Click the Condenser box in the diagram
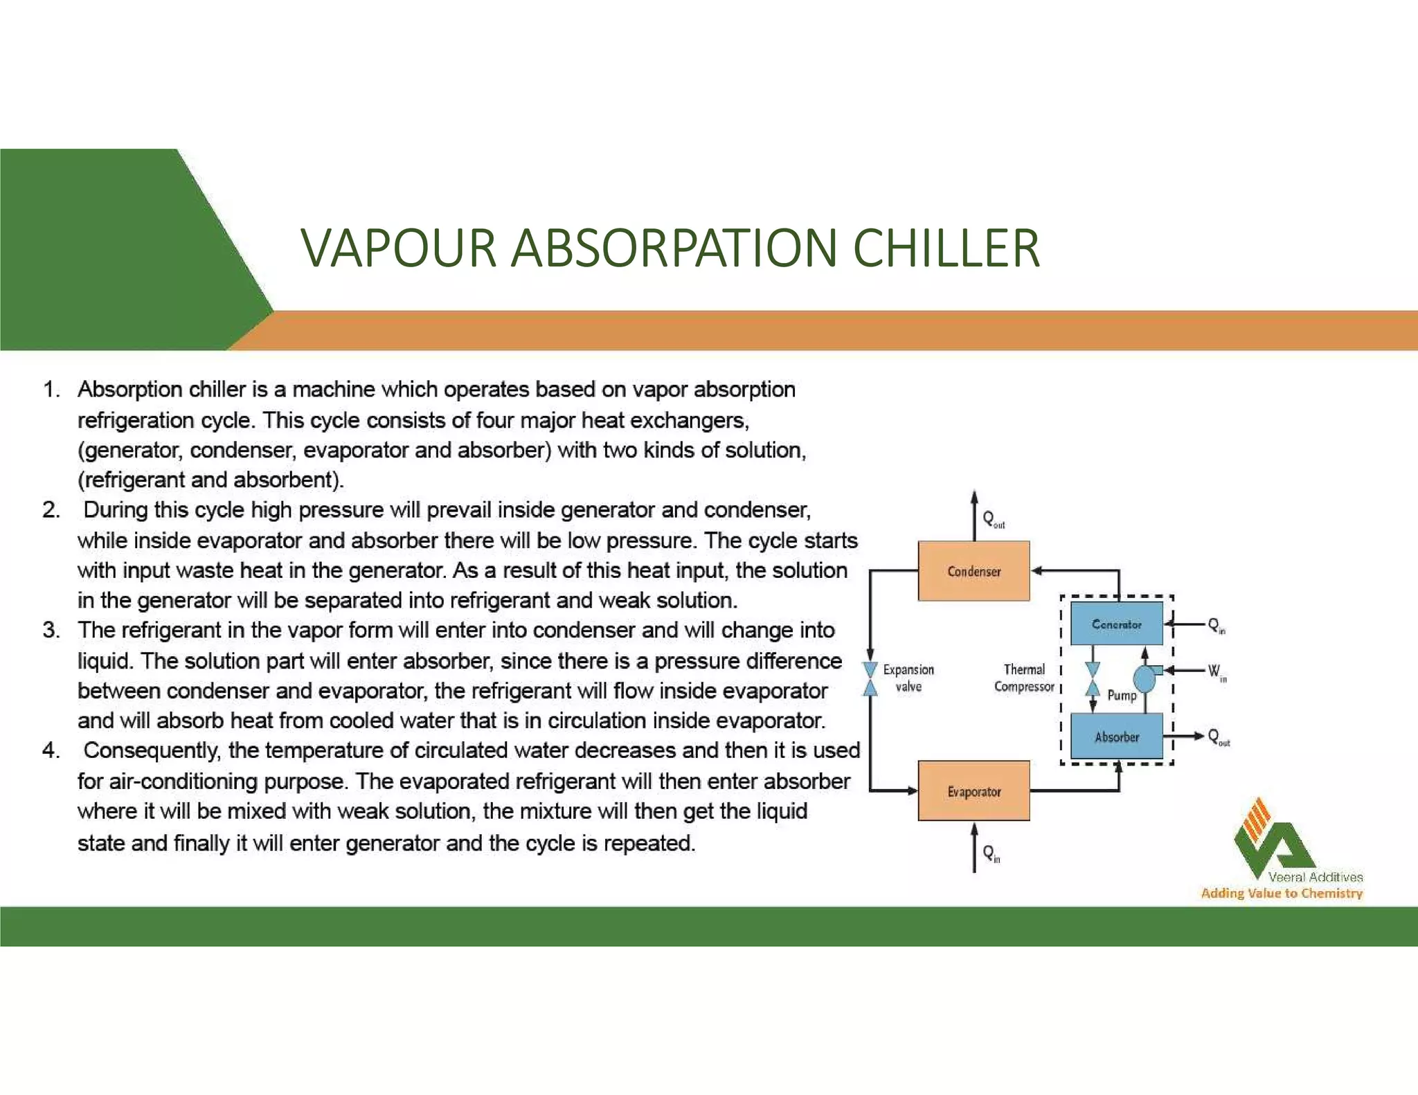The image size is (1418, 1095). pyautogui.click(x=973, y=571)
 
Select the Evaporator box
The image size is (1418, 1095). pyautogui.click(x=973, y=791)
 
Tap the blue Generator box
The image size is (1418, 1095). pyautogui.click(x=1116, y=624)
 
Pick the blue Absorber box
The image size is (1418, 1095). pyautogui.click(x=1116, y=736)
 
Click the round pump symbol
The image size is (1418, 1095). pyautogui.click(x=1145, y=678)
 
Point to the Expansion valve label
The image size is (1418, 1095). pyautogui.click(x=908, y=678)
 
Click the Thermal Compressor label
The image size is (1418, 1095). pyautogui.click(x=1024, y=678)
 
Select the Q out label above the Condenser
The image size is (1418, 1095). pyautogui.click(x=993, y=519)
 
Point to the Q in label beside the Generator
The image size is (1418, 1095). pyautogui.click(x=1217, y=625)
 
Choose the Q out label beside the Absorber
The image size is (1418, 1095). pyautogui.click(x=1218, y=736)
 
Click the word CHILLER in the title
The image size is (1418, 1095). pyautogui.click(x=946, y=248)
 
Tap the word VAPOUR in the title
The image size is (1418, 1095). pyautogui.click(x=399, y=248)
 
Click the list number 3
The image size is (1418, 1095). pyautogui.click(x=51, y=631)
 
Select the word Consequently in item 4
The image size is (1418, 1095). pyautogui.click(x=151, y=751)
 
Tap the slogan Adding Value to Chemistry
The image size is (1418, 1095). pyautogui.click(x=1282, y=894)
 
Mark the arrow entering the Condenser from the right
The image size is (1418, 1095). pyautogui.click(x=1038, y=571)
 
